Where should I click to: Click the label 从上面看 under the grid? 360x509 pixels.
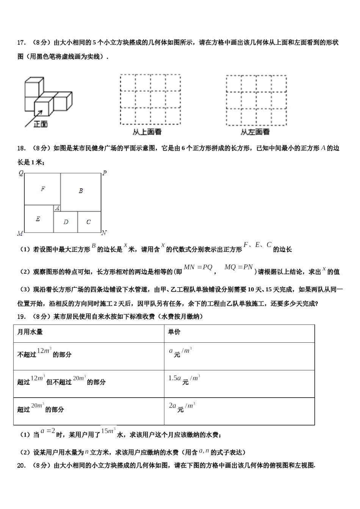tap(147, 132)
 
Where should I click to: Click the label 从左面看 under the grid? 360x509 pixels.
tap(255, 132)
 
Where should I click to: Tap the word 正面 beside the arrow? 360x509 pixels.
tap(41, 124)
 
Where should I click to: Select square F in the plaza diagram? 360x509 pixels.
tap(43, 189)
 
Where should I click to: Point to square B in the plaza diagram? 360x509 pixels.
tap(81, 191)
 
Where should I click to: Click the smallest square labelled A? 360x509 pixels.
tap(57, 208)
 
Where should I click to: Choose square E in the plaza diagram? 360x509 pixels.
tap(38, 219)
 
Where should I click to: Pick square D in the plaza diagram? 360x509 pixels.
tap(66, 222)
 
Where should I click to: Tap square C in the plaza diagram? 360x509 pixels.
tap(89, 222)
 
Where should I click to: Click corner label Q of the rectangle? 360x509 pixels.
tap(21, 173)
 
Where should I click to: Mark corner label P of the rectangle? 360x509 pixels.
tap(105, 173)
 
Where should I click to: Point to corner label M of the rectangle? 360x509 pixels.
tap(20, 233)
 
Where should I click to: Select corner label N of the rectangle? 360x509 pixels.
tap(104, 233)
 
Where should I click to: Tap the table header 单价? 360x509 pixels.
tap(174, 332)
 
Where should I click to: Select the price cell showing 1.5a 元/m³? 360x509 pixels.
tap(184, 379)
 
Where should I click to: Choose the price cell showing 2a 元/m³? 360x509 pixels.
tap(182, 407)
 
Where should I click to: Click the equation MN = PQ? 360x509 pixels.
tap(198, 267)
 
